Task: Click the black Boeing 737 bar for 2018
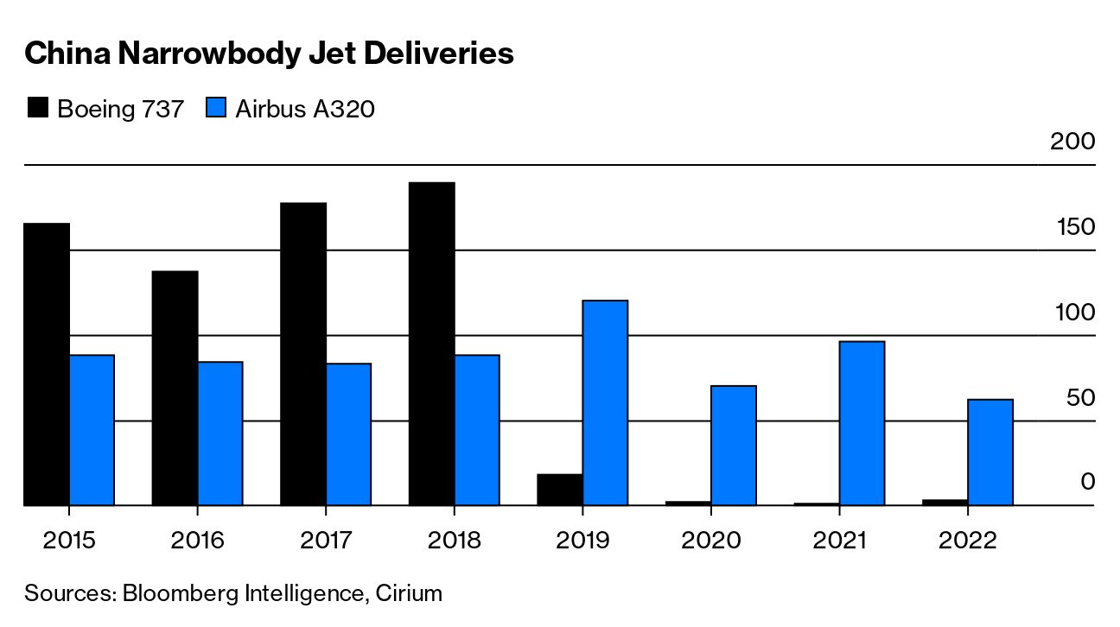(x=431, y=344)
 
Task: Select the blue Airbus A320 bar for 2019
(x=605, y=402)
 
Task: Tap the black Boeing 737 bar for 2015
(x=47, y=364)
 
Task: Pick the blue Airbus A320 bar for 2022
(x=990, y=452)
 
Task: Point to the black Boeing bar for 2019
(x=559, y=490)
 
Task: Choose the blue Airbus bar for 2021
(x=862, y=423)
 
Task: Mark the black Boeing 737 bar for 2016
(x=175, y=388)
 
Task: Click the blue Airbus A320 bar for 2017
(x=348, y=434)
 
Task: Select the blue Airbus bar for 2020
(x=734, y=445)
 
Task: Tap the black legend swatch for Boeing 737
(x=38, y=109)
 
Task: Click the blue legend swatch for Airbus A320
(x=216, y=109)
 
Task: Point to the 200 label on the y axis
(x=1072, y=142)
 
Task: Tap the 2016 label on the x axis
(x=197, y=541)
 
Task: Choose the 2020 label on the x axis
(x=710, y=541)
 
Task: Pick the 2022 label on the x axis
(x=967, y=541)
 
